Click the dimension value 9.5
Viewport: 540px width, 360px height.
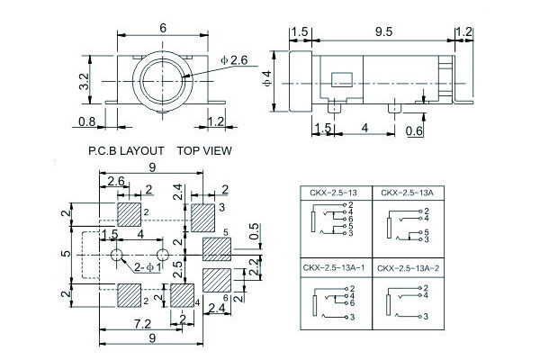(384, 32)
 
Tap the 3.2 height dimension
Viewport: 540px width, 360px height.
(84, 82)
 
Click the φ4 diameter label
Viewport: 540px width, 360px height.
(267, 78)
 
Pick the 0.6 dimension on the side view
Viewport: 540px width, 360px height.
(414, 132)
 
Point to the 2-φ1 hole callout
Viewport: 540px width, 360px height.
(148, 267)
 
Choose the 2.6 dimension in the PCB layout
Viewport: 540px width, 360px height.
(116, 183)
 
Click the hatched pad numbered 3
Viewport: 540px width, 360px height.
(201, 214)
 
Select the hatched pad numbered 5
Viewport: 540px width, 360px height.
(217, 247)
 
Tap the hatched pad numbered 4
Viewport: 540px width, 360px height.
(183, 294)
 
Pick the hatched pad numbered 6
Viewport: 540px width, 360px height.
(217, 278)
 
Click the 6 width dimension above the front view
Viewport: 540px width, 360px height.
(163, 28)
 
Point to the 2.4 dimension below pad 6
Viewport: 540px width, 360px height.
(216, 309)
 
